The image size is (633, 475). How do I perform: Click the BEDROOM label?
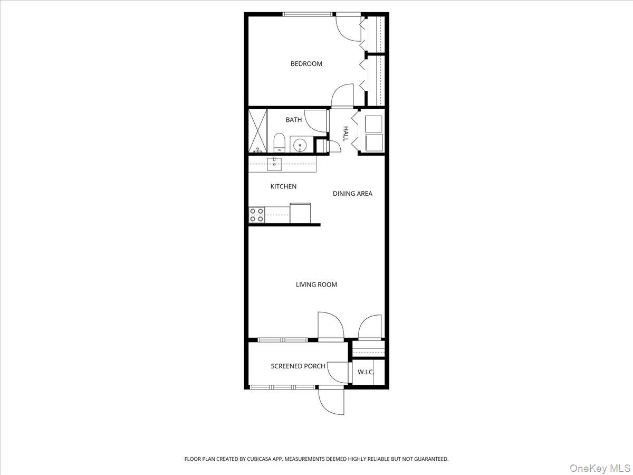pos(306,64)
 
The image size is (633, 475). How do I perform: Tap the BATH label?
pos(294,120)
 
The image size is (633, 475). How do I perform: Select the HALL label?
pos(346,133)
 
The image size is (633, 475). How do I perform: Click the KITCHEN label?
pos(283,186)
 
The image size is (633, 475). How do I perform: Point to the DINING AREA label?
pos(352,194)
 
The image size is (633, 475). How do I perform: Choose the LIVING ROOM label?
pos(316,284)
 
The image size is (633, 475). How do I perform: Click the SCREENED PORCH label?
pos(298,366)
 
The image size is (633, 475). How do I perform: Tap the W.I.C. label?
pos(366,372)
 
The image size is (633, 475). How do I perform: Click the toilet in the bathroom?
pos(280,142)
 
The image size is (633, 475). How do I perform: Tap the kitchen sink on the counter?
pos(274,164)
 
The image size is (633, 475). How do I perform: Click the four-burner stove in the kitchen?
pos(256,214)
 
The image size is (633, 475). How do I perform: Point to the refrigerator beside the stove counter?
pos(300,213)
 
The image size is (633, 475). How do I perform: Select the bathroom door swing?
pos(315,120)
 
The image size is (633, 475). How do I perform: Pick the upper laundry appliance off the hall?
pos(374,123)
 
